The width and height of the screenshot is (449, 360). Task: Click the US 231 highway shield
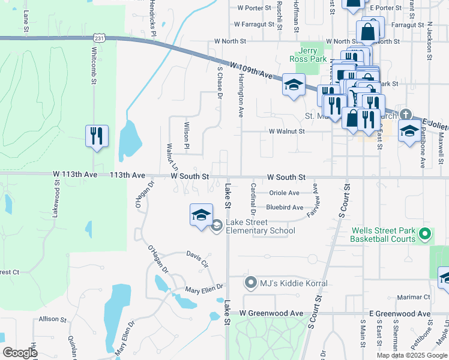pyautogui.click(x=100, y=38)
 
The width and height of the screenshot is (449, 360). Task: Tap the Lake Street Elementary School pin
pyautogui.click(x=217, y=226)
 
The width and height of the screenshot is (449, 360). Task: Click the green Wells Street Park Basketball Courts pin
pyautogui.click(x=425, y=234)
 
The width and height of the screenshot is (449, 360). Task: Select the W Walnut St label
pyautogui.click(x=287, y=131)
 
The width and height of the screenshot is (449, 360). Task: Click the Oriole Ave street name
pyautogui.click(x=284, y=193)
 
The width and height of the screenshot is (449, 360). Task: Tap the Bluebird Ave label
pyautogui.click(x=285, y=207)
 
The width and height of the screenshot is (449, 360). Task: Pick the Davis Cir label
pyautogui.click(x=197, y=259)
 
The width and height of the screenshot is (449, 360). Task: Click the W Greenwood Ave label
pyautogui.click(x=271, y=313)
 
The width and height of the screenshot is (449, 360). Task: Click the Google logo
pyautogui.click(x=20, y=352)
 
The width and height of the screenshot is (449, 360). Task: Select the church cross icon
pyautogui.click(x=406, y=114)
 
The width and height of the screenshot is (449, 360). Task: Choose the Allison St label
pyautogui.click(x=52, y=319)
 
